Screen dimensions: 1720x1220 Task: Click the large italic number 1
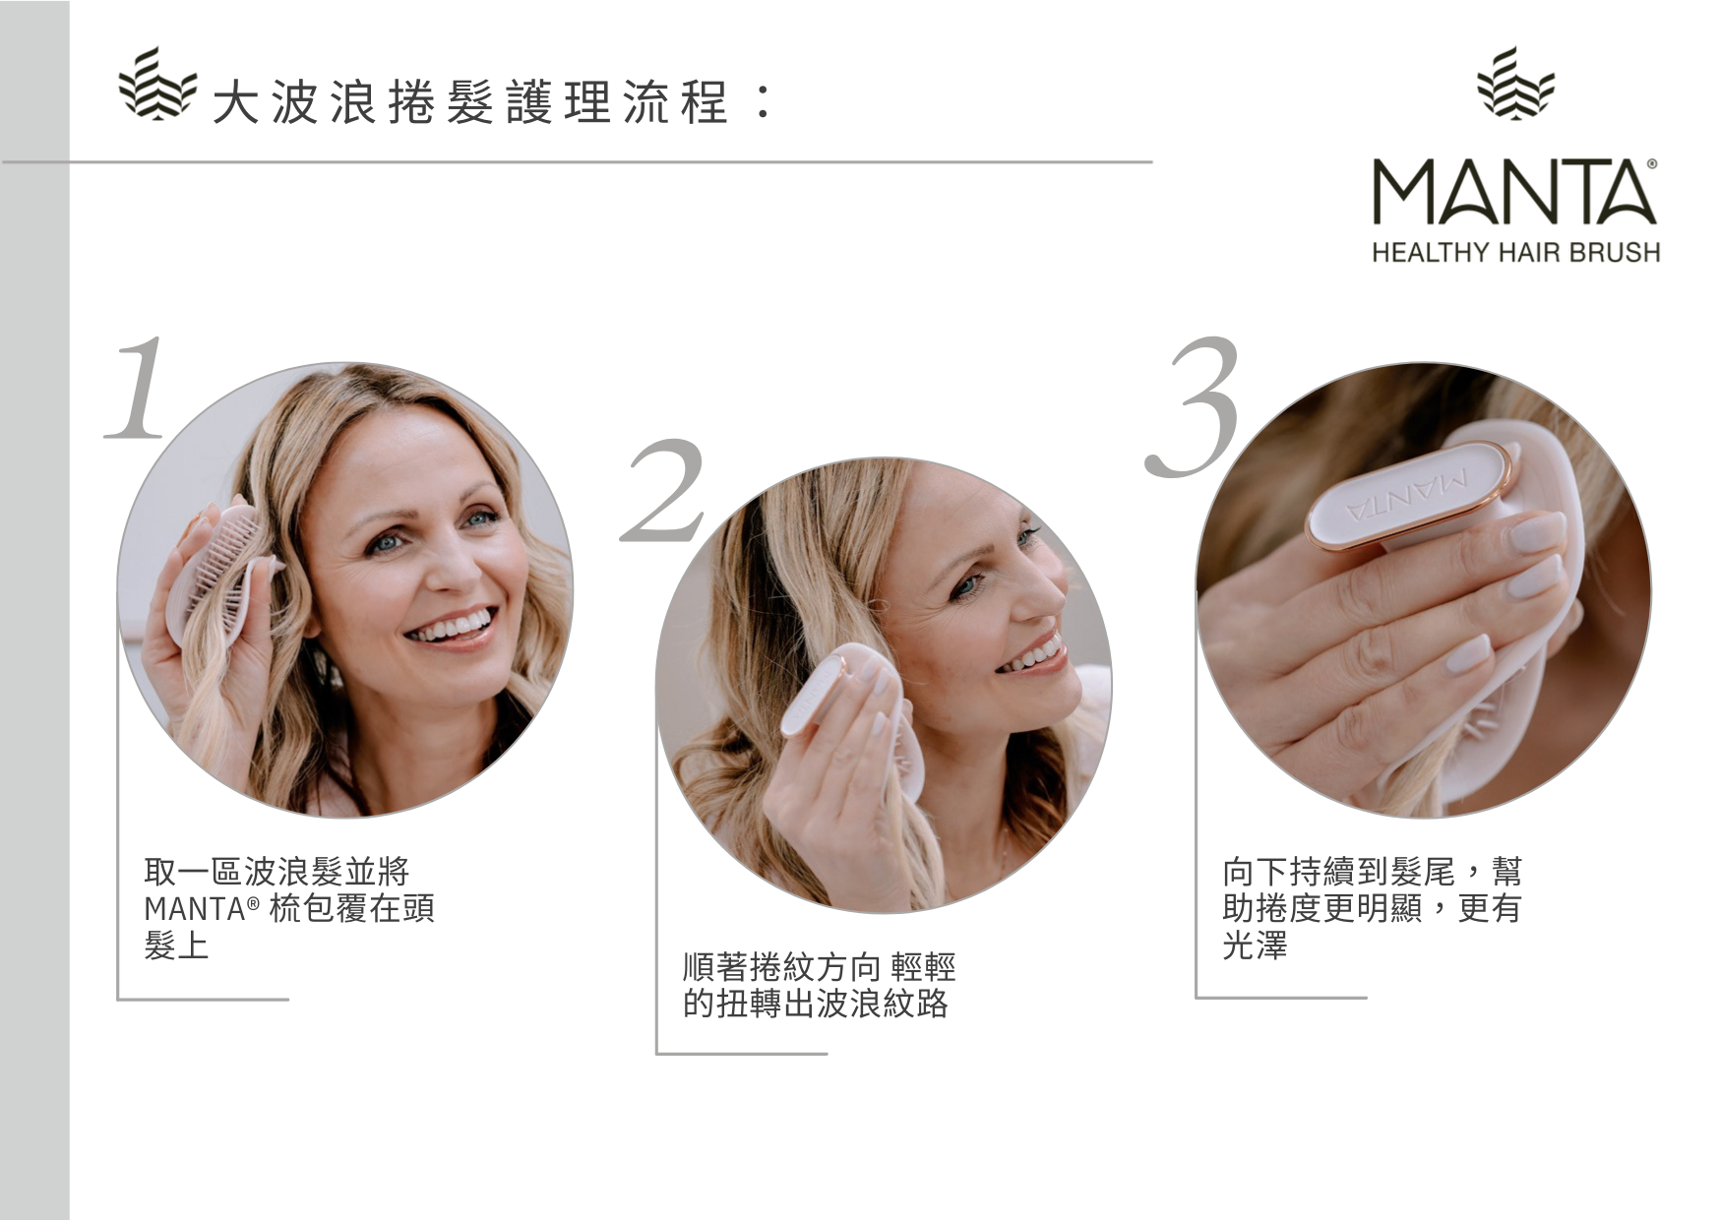[138, 388]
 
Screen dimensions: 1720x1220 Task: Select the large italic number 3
[1193, 406]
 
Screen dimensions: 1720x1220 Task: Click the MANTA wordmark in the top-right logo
[1514, 191]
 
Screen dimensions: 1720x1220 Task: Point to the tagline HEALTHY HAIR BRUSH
[1515, 253]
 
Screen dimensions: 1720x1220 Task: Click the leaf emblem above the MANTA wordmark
[1516, 82]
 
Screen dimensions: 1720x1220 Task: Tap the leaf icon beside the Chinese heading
[156, 84]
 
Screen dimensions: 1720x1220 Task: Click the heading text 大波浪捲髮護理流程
[469, 102]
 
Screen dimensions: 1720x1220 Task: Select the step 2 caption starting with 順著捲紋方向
[819, 985]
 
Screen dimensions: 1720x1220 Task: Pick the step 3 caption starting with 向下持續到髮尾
[1372, 908]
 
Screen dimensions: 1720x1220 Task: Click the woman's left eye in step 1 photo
[479, 517]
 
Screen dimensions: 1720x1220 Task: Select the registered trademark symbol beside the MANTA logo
[1651, 165]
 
